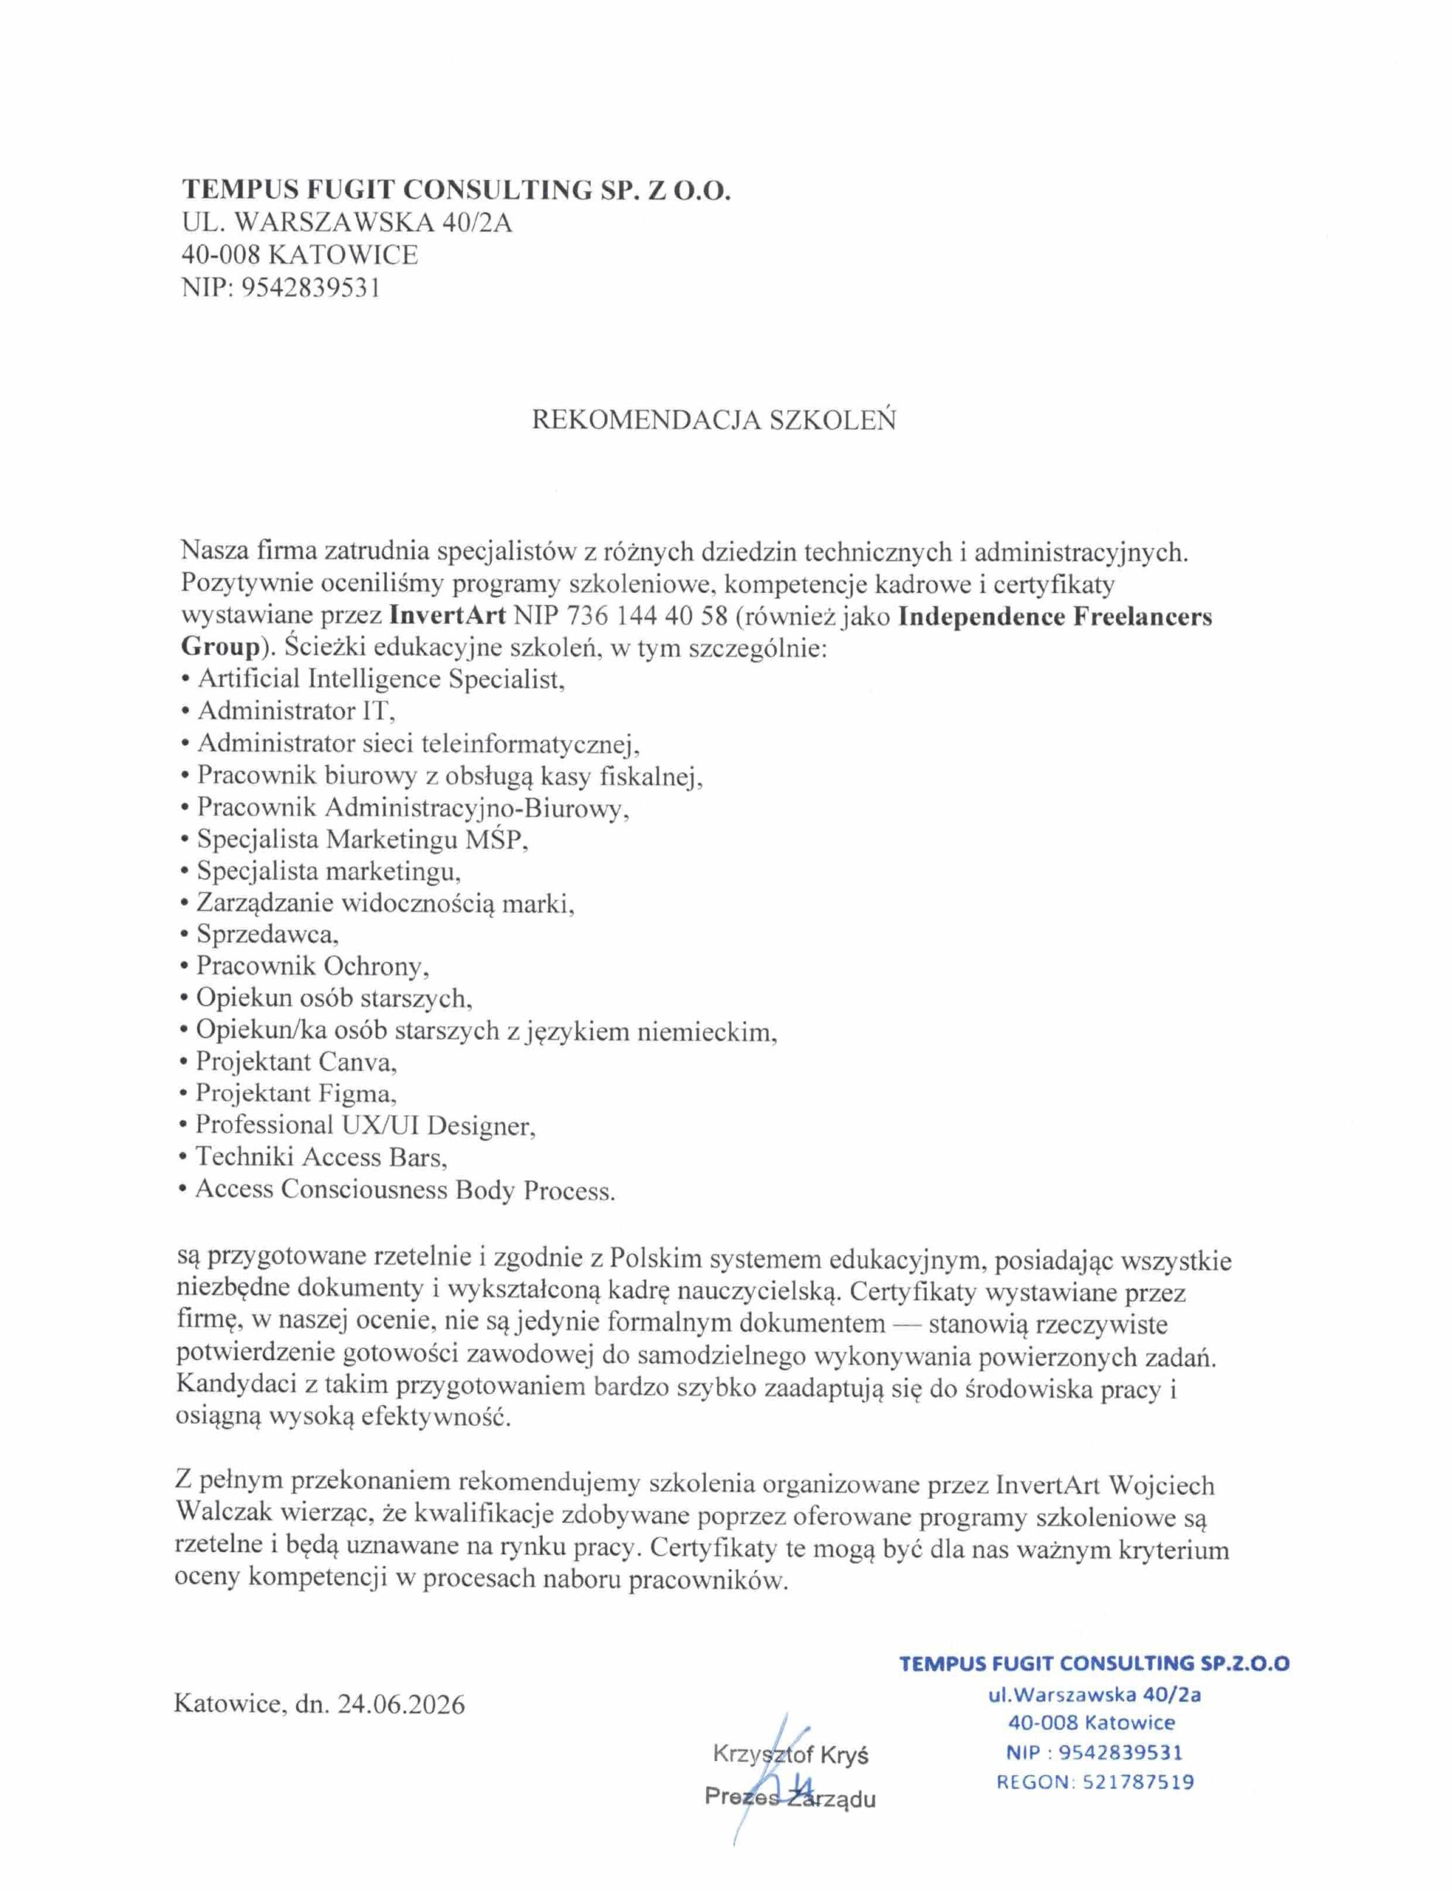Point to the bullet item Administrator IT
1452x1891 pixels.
click(295, 711)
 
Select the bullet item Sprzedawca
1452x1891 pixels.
click(267, 934)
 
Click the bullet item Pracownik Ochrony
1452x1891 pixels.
click(312, 965)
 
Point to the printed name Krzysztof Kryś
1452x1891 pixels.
click(790, 1754)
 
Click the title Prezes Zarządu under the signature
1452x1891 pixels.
click(790, 1799)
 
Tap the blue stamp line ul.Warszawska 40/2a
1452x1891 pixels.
click(1095, 1694)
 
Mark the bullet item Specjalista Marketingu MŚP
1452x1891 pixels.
click(361, 838)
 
